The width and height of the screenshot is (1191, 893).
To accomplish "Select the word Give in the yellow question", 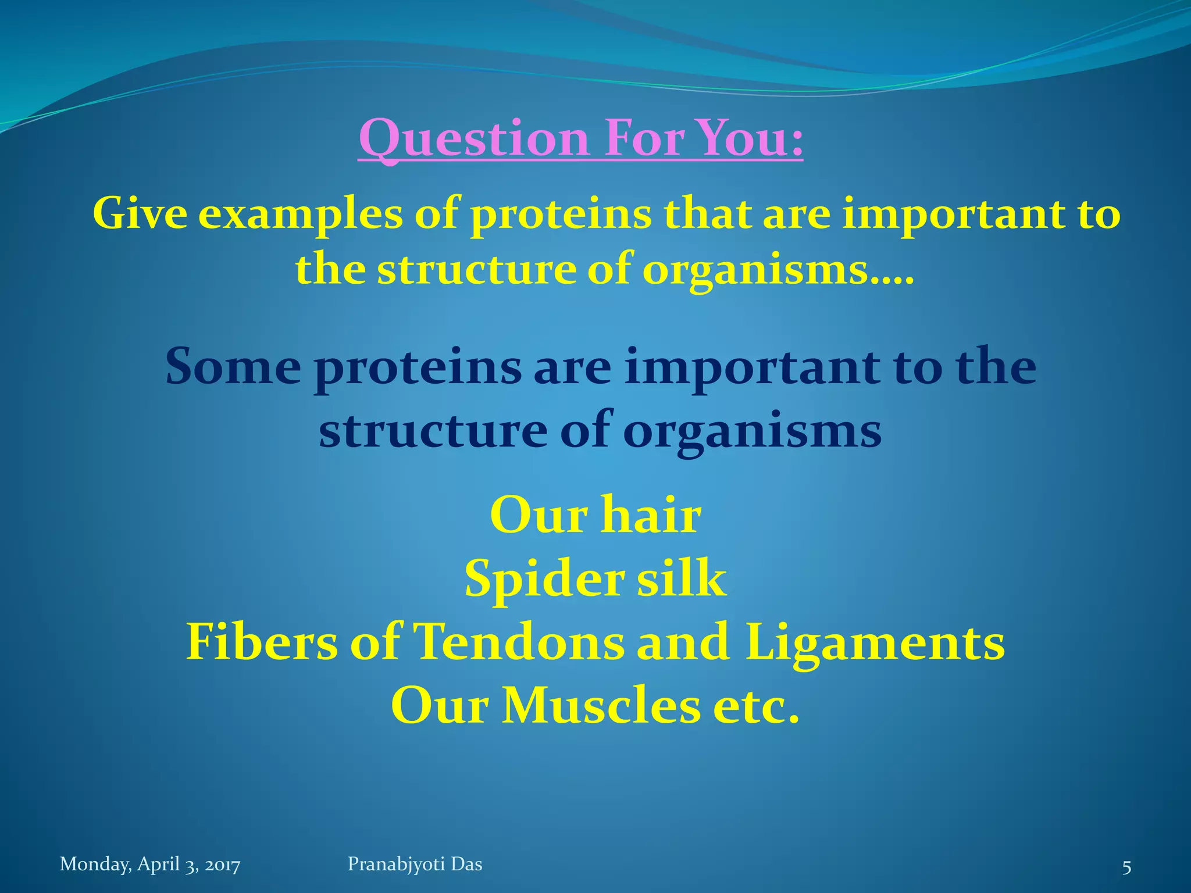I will pyautogui.click(x=140, y=213).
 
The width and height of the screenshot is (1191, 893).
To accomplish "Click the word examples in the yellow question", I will pyautogui.click(x=300, y=215).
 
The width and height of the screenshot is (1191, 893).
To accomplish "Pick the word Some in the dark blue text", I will pyautogui.click(x=233, y=367).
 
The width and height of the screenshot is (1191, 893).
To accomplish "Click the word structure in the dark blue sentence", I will pyautogui.click(x=433, y=430).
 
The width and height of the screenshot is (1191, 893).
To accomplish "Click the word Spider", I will pyautogui.click(x=544, y=579).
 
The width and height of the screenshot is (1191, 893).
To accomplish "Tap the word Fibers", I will pyautogui.click(x=262, y=642).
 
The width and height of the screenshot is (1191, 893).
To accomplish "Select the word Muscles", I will pyautogui.click(x=601, y=706).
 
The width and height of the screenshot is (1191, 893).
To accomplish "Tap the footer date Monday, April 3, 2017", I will pyautogui.click(x=150, y=865).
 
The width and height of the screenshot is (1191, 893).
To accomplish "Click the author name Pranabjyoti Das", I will pyautogui.click(x=415, y=864).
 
